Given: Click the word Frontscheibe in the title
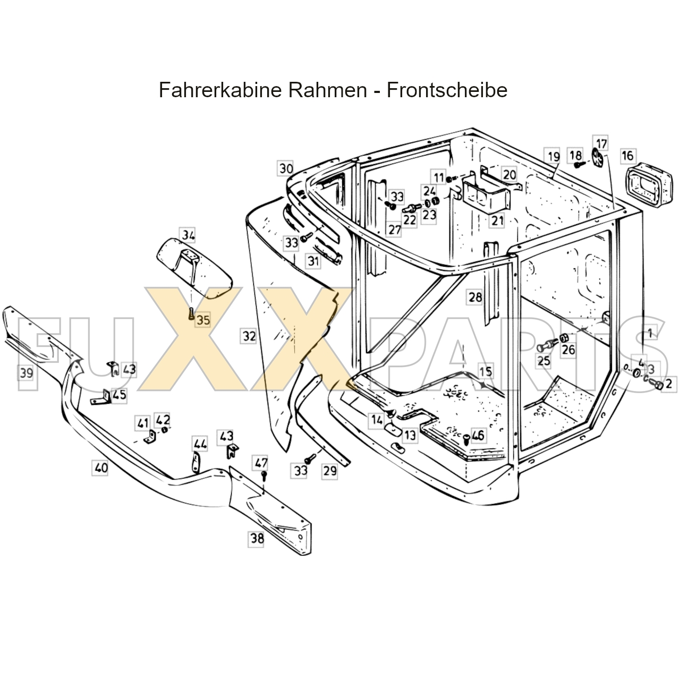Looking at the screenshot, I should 447,90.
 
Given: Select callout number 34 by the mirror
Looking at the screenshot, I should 188,235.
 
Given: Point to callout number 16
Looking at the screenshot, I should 627,156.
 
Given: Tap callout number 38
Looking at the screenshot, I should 257,539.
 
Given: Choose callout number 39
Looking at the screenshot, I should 26,373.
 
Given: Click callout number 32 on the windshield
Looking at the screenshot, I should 249,336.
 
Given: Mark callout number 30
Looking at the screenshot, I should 286,169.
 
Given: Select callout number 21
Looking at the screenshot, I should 497,220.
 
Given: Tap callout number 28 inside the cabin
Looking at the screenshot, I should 475,297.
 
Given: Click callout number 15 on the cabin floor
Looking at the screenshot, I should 485,371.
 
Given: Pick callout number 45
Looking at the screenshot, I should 120,395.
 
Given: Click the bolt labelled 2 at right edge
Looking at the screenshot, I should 659,385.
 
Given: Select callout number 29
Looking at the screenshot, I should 329,470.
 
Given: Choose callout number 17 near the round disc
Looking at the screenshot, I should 601,144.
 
